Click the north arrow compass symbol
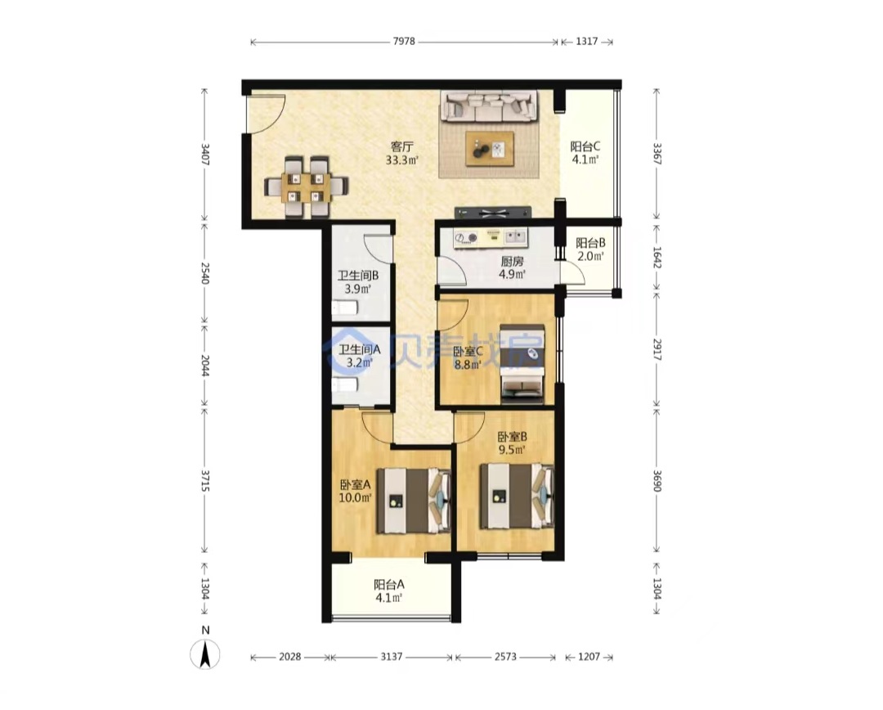[x=205, y=654]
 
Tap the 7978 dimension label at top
[x=404, y=41]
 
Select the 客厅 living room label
[x=402, y=146]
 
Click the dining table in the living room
[x=307, y=187]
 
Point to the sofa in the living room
[x=488, y=106]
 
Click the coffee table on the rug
[x=490, y=149]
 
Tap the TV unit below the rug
[x=493, y=213]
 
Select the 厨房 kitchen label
[x=513, y=262]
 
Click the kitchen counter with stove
[x=491, y=237]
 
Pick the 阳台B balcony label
[x=590, y=243]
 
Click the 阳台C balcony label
[x=585, y=146]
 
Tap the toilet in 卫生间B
[x=345, y=308]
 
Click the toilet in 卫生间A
[x=345, y=385]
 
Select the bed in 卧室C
[x=522, y=363]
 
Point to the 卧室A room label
[x=356, y=484]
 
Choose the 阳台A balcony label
[x=389, y=584]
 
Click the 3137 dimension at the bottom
[x=392, y=657]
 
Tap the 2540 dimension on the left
[x=204, y=273]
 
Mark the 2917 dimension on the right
[x=657, y=349]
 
